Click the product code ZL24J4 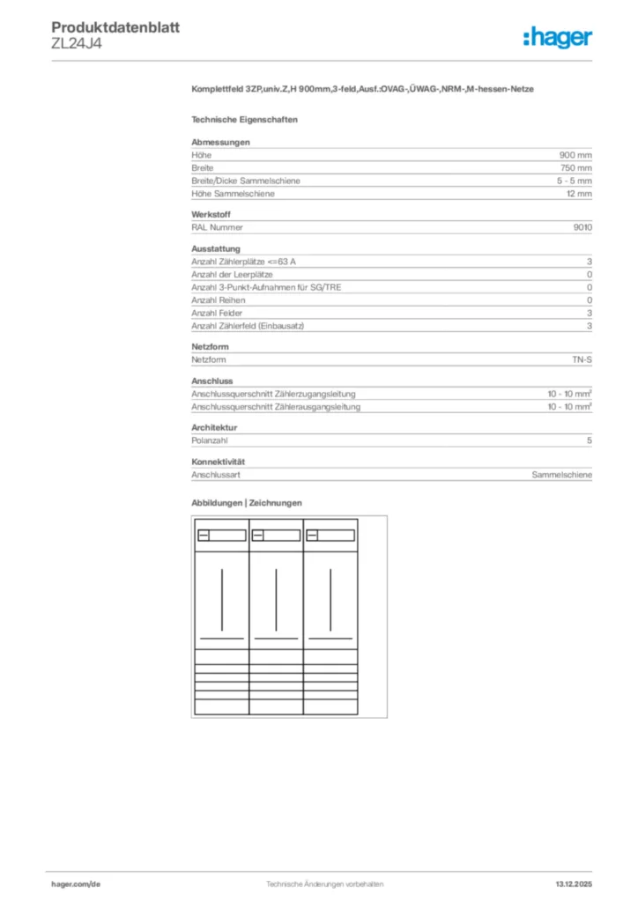(x=77, y=44)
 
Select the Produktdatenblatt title (x=115, y=27)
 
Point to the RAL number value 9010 (x=582, y=227)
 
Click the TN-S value (x=582, y=360)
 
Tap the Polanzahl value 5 (x=590, y=440)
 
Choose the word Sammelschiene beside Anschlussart (x=561, y=475)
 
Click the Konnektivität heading (x=218, y=462)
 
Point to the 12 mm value (x=579, y=194)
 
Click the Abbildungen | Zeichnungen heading (x=247, y=503)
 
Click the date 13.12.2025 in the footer (x=574, y=884)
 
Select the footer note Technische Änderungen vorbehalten (x=318, y=884)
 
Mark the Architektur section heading (x=214, y=428)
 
